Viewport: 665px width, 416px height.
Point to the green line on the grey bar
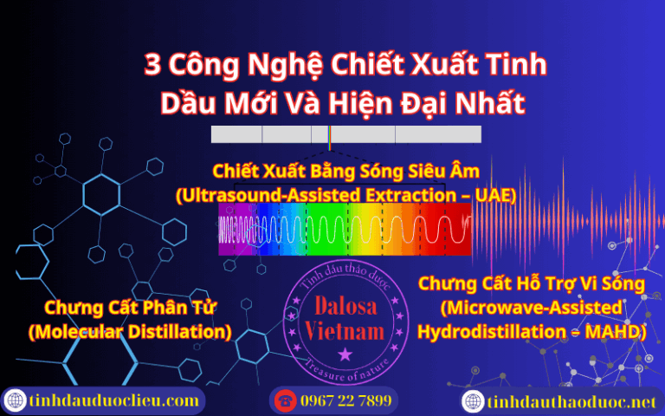[329, 134]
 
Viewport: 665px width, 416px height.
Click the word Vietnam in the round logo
[345, 332]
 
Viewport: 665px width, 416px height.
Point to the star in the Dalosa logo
[345, 354]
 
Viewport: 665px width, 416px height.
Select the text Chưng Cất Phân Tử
[130, 308]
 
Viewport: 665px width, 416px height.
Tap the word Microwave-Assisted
[531, 308]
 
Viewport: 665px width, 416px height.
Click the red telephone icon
[284, 401]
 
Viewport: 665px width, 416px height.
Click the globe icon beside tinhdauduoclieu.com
[15, 401]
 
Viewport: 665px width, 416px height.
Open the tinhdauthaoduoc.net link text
[571, 401]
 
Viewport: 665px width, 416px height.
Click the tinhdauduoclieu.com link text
[113, 401]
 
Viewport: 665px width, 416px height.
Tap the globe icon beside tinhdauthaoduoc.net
[472, 401]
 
